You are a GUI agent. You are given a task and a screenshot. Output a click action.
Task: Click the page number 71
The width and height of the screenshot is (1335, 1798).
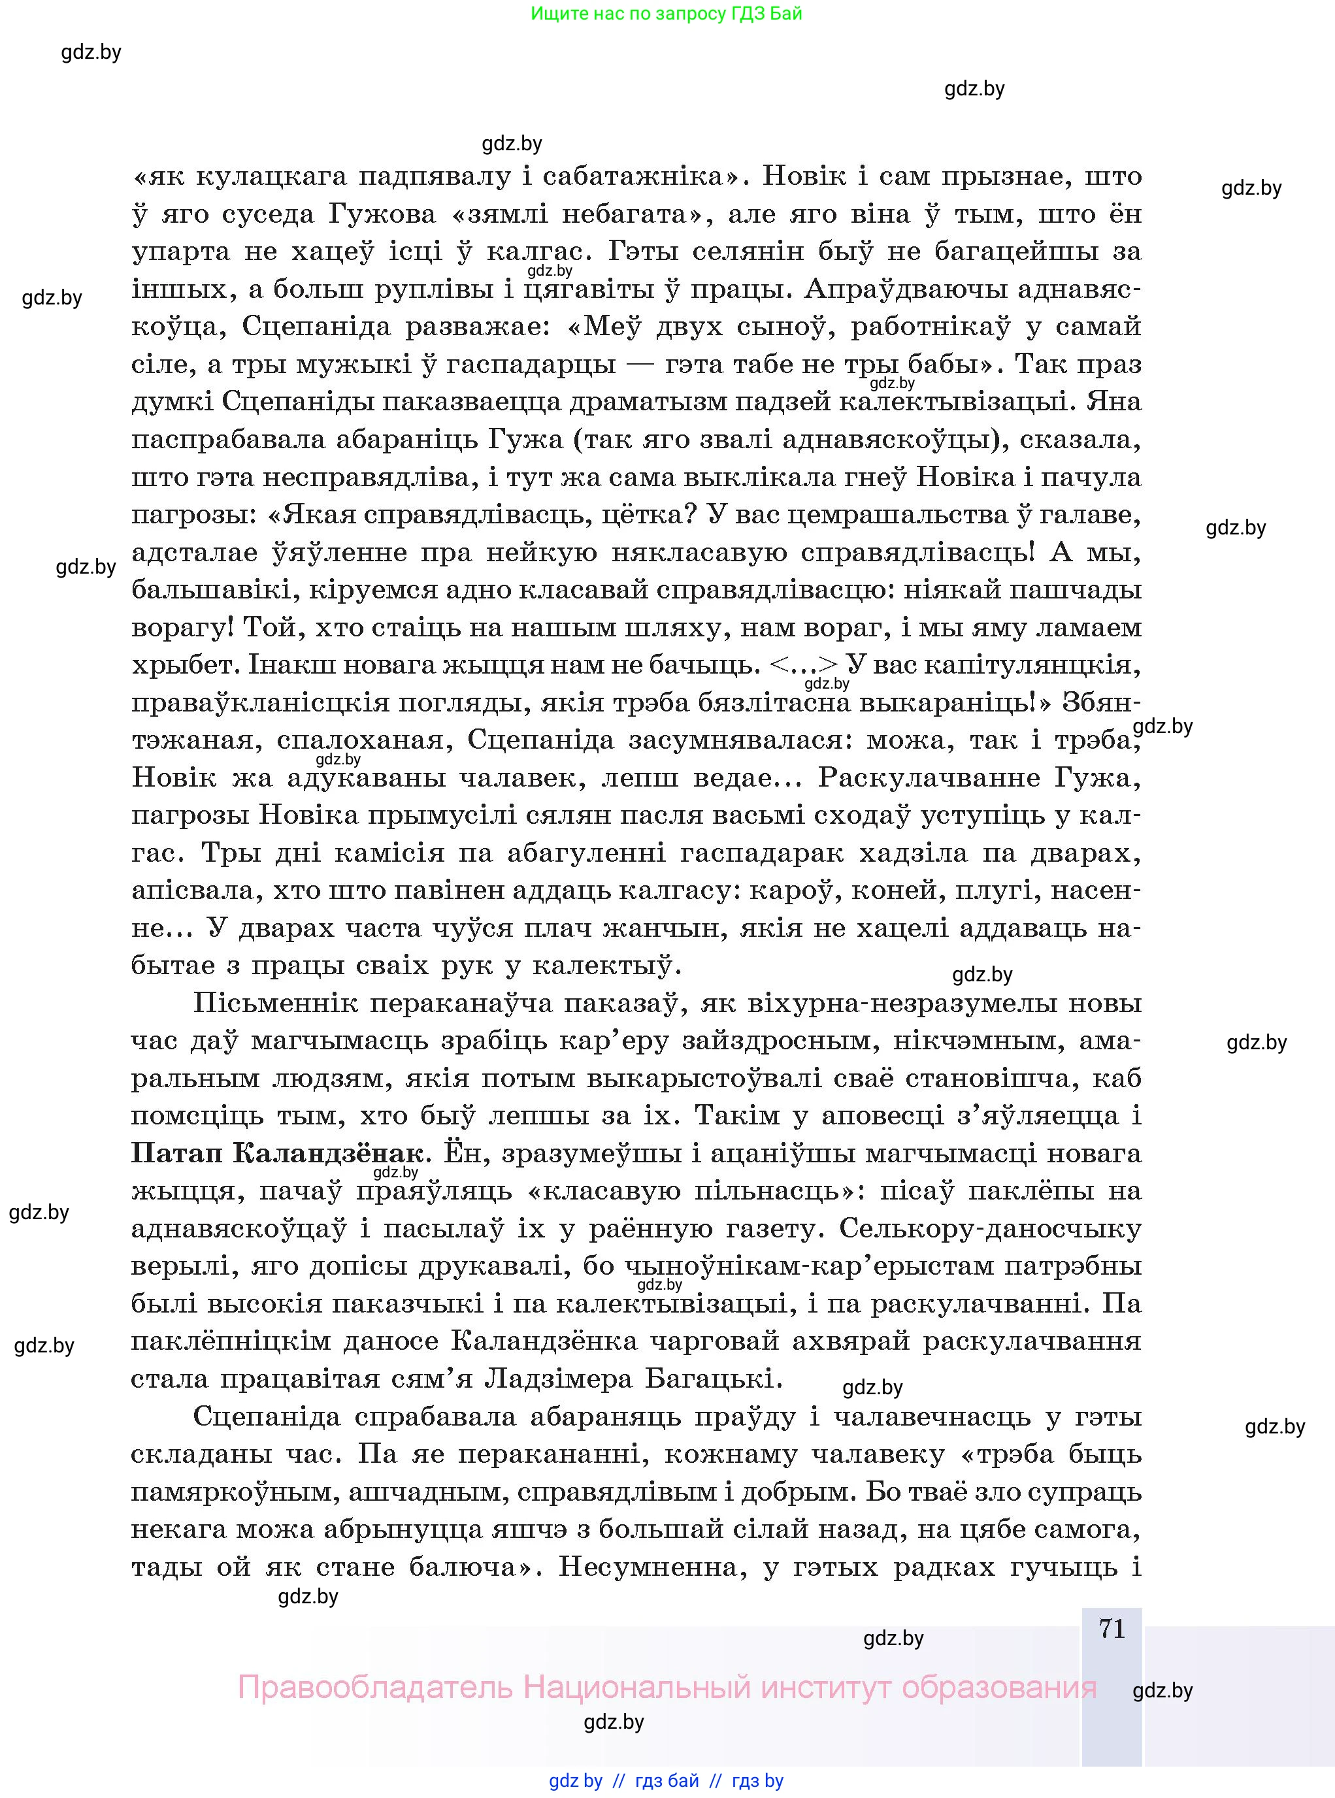pos(1112,1628)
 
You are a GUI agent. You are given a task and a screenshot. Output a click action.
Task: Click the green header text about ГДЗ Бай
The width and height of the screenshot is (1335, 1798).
pos(667,14)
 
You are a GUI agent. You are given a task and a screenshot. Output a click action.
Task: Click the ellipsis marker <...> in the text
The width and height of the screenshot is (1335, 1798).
pos(803,665)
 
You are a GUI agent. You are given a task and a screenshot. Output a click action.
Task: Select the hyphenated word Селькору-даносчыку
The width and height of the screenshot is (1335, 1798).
pos(991,1229)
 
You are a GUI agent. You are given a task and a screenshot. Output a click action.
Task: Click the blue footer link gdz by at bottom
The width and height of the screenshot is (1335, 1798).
pos(576,1781)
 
